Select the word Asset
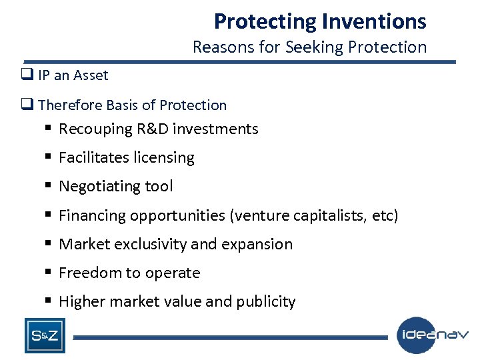(91, 75)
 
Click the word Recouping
(95, 129)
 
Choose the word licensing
(163, 158)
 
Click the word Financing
(92, 215)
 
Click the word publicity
(265, 302)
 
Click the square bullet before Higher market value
(49, 301)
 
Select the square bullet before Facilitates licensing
(49, 157)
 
